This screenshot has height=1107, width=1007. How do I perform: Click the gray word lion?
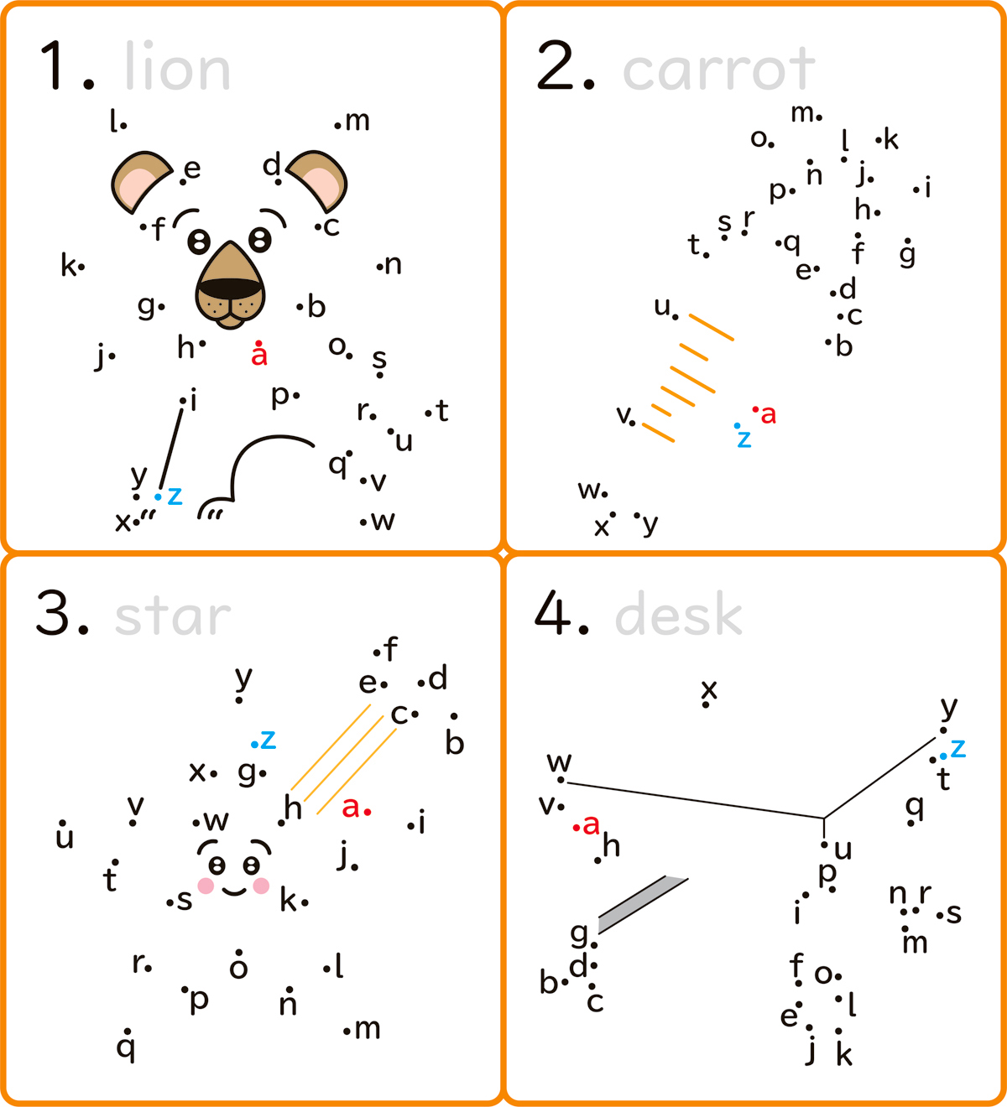177,65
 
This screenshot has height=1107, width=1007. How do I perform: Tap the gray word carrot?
718,69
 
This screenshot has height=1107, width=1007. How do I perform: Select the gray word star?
172,616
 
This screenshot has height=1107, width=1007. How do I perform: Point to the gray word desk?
678,614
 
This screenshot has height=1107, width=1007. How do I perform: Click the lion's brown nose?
230,285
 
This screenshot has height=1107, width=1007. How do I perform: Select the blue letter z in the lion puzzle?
175,496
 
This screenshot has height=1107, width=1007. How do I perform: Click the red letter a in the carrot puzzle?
769,415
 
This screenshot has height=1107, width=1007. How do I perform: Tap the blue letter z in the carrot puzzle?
744,439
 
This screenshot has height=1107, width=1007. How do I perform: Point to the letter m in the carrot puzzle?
802,113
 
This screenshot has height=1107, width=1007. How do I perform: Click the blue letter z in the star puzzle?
268,740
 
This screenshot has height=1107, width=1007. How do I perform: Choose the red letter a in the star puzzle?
350,808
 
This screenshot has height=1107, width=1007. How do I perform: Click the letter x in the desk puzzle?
709,690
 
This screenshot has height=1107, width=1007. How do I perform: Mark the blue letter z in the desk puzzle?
957,748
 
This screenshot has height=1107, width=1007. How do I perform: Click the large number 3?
52,613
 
